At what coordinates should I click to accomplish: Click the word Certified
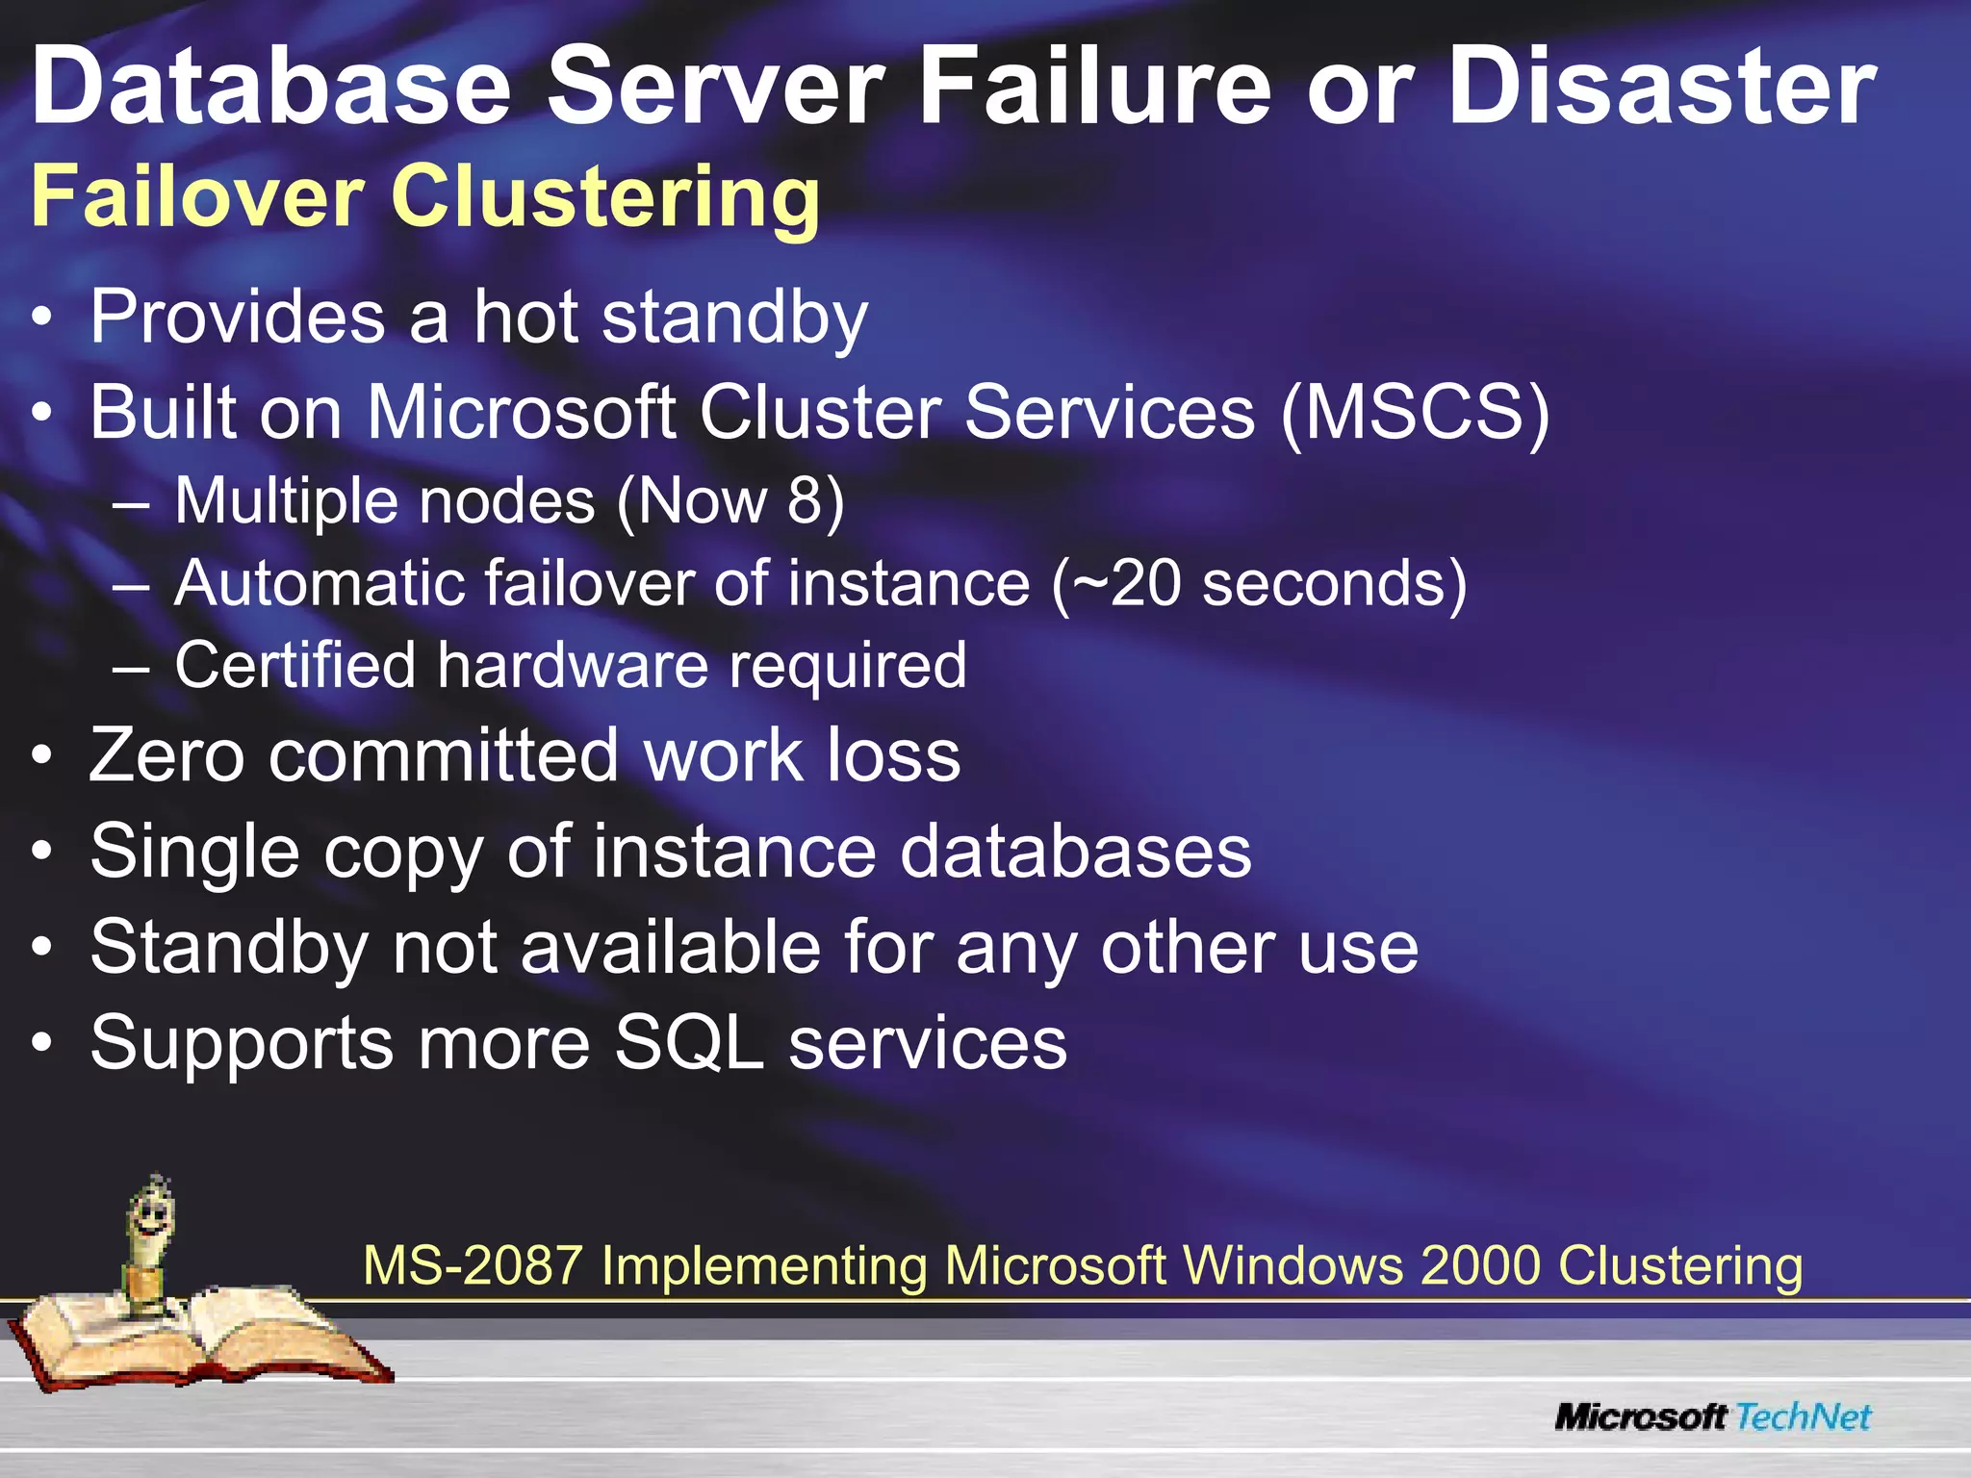coord(294,665)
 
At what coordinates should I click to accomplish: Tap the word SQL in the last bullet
coord(688,1043)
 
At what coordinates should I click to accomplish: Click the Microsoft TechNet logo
coord(1713,1416)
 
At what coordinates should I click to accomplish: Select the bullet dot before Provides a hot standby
coord(40,319)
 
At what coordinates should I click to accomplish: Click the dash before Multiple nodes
coord(130,502)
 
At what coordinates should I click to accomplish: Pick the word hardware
coord(573,665)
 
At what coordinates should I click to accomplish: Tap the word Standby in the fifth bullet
coord(228,948)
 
